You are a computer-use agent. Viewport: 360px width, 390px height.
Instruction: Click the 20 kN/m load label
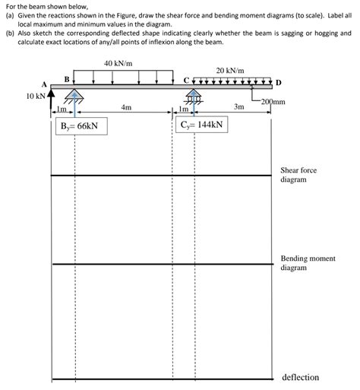click(x=230, y=71)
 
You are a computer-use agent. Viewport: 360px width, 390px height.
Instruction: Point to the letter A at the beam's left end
click(x=45, y=83)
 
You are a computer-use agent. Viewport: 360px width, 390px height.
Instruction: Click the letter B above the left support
click(x=67, y=78)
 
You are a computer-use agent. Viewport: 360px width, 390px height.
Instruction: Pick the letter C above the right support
click(x=187, y=80)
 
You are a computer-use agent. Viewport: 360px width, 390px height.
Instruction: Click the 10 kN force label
click(x=36, y=97)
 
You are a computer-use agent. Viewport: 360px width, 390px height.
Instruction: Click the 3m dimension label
click(x=238, y=109)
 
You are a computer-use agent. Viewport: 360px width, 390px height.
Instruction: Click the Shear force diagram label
click(x=298, y=175)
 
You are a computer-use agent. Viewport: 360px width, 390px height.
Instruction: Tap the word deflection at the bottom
click(x=300, y=377)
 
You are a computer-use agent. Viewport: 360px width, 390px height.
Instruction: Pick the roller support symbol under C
click(x=194, y=96)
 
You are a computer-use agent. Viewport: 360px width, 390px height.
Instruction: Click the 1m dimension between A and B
click(x=62, y=111)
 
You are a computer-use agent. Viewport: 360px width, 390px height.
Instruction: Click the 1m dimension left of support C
click(x=183, y=111)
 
